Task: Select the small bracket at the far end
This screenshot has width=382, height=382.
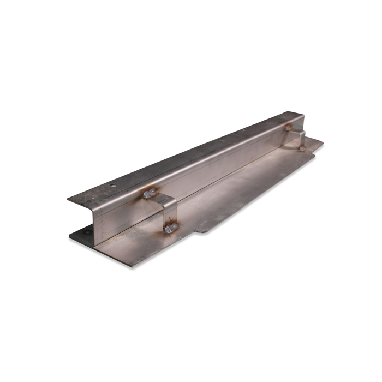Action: coord(297,137)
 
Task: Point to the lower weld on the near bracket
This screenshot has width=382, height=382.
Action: coord(171,226)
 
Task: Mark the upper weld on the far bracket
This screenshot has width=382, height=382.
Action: coord(288,127)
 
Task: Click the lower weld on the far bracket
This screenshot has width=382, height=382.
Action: coord(301,148)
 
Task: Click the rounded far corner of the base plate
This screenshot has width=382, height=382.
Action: coord(321,143)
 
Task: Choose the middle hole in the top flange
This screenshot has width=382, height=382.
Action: coord(220,140)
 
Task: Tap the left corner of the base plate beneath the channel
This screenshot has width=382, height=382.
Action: coord(71,236)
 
